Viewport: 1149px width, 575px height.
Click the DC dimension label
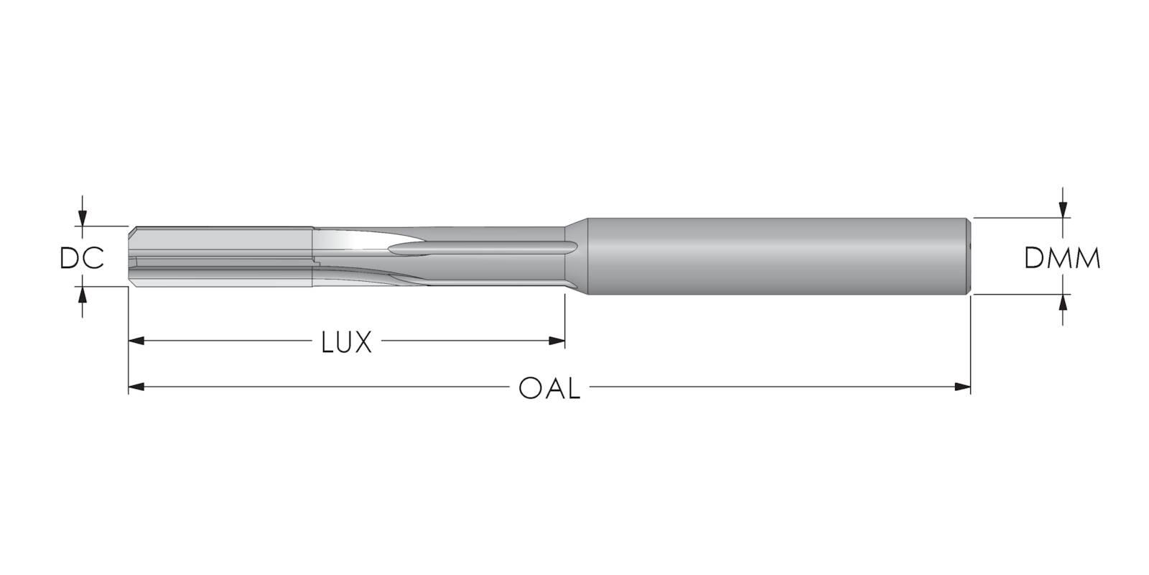tap(82, 258)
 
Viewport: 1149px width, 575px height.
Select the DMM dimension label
tap(1062, 258)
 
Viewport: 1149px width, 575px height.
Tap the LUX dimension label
tap(346, 342)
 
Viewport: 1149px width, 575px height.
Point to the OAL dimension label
tap(549, 388)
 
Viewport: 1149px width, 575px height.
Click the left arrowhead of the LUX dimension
tap(136, 341)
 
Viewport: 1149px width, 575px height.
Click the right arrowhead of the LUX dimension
tap(557, 341)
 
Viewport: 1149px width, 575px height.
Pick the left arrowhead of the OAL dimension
tap(136, 387)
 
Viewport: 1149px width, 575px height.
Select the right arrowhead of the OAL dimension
tap(963, 387)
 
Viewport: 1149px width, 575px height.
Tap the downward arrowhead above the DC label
tap(82, 218)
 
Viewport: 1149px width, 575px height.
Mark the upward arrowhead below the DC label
tap(82, 295)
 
